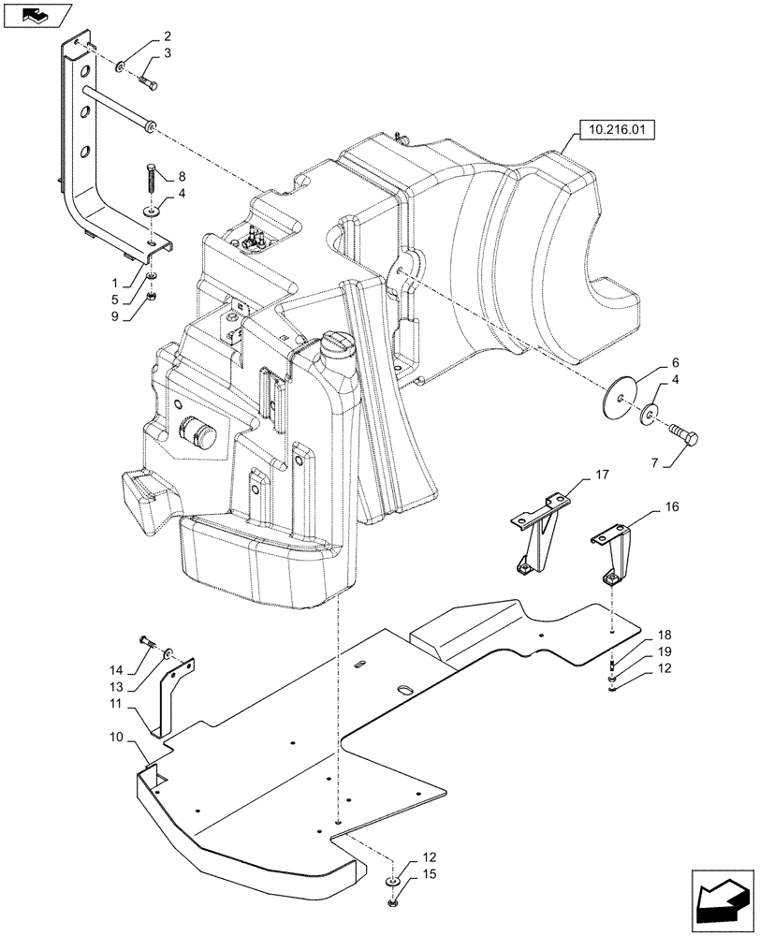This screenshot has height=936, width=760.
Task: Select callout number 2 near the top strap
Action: point(167,37)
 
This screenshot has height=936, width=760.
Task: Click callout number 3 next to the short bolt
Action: point(167,54)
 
